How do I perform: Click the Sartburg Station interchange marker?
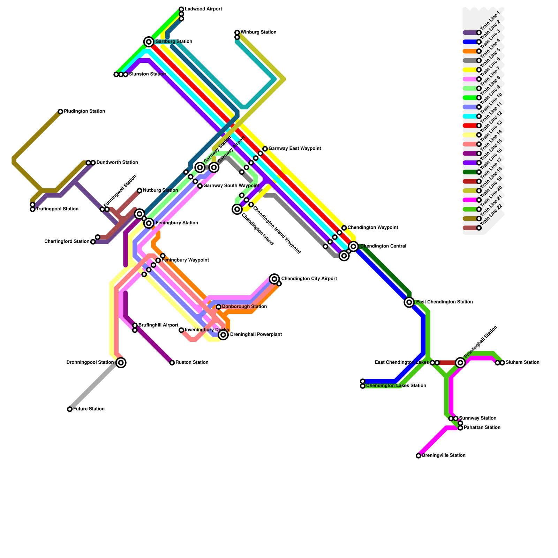click(x=149, y=42)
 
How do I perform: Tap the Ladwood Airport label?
click(x=203, y=9)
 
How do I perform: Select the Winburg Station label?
click(x=258, y=32)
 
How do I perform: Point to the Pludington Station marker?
click(x=60, y=112)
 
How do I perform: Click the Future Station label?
click(x=89, y=409)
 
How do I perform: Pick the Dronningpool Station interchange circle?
click(x=121, y=363)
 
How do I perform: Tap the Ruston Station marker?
click(x=172, y=363)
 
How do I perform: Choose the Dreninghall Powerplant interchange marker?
click(x=224, y=335)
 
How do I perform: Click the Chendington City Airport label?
click(x=309, y=279)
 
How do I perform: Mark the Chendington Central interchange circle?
click(x=354, y=247)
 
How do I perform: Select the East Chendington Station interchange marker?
click(x=409, y=302)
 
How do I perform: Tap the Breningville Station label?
click(x=444, y=455)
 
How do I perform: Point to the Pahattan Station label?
click(x=482, y=428)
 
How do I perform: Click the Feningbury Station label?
click(x=177, y=223)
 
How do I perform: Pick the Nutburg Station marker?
click(x=139, y=190)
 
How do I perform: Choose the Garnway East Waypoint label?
click(x=295, y=149)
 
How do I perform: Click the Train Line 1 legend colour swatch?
click(x=470, y=33)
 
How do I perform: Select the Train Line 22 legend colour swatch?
click(x=470, y=228)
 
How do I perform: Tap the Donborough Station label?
click(x=244, y=307)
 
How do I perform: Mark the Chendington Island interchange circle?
click(x=237, y=209)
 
